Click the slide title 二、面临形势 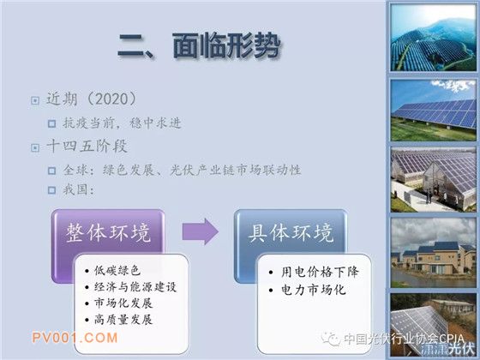tap(199, 46)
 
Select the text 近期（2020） tap(91, 99)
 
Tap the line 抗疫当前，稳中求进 tap(122, 123)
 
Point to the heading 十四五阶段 tap(87, 146)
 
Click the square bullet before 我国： tap(51, 190)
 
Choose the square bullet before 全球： tap(51, 171)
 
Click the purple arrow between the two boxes tap(201, 231)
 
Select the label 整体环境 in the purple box tap(108, 233)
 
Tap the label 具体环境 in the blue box tap(291, 233)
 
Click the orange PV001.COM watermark tap(75, 338)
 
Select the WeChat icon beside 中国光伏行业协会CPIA tap(331, 339)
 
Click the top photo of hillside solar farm tap(433, 38)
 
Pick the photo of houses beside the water tap(433, 253)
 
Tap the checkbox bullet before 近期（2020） tap(35, 100)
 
